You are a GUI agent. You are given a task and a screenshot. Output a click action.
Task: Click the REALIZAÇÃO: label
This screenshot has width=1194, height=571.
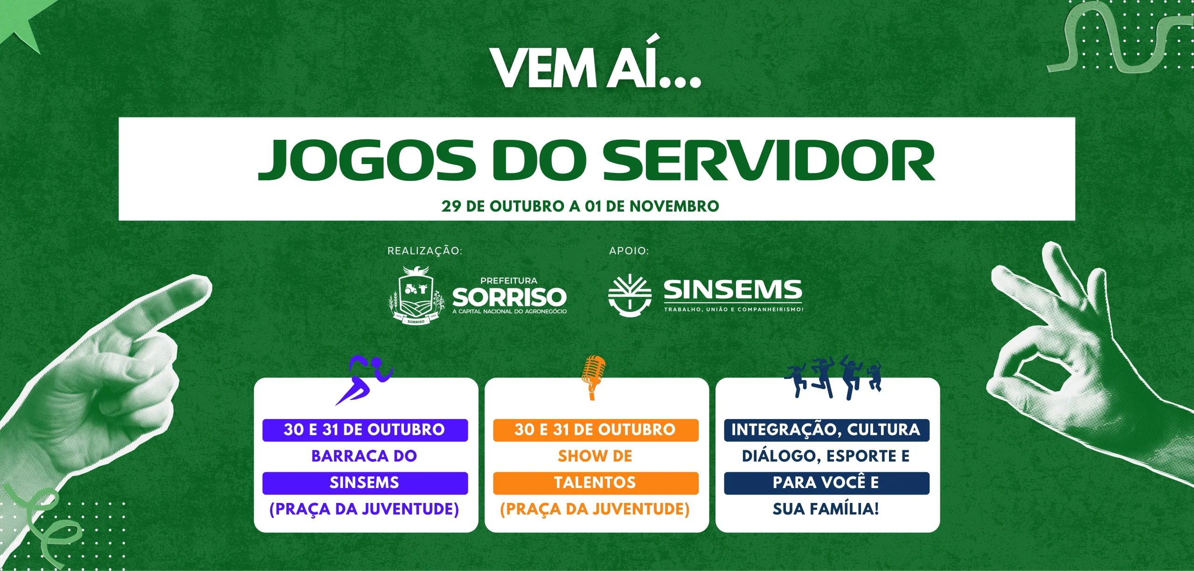pos(425,251)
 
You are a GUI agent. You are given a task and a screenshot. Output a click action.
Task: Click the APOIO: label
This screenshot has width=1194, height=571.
pos(629,251)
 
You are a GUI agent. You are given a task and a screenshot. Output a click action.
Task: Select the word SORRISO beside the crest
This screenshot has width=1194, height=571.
pos(509,297)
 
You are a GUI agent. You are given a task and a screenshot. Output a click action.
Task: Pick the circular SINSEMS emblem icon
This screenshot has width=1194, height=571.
pos(630,295)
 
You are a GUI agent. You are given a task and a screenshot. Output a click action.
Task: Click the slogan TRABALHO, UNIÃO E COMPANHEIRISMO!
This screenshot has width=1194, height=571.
pos(734,310)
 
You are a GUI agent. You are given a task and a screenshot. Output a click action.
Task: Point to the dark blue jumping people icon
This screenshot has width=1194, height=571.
pos(833,378)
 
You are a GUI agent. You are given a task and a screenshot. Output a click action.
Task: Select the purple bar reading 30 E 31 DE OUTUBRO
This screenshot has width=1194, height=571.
pos(365,430)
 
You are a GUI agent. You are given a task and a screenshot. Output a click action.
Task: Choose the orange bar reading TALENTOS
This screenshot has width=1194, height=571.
pos(596,483)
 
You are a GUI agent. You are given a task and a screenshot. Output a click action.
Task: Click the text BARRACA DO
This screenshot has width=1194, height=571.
pos(364,456)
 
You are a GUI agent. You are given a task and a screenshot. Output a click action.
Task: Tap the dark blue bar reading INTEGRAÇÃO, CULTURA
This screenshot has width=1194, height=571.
pos(826,430)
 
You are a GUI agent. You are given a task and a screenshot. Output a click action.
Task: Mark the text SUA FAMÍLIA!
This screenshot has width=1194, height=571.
pos(826,509)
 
